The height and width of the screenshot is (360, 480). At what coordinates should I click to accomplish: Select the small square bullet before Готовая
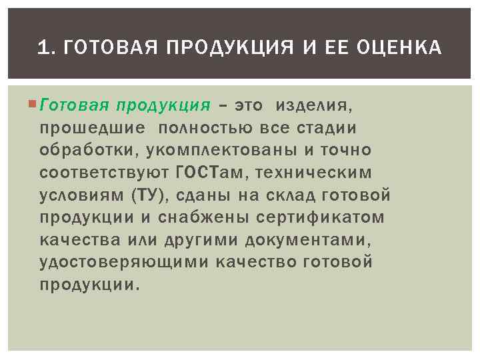(x=35, y=105)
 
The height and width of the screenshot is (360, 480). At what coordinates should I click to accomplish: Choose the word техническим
(x=318, y=173)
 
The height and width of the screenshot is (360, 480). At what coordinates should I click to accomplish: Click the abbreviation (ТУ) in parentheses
(x=153, y=195)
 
